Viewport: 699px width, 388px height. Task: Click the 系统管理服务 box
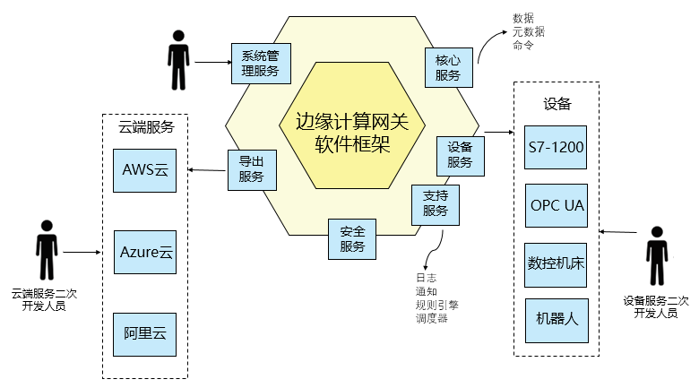tap(261, 64)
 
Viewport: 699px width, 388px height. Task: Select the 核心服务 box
tap(449, 67)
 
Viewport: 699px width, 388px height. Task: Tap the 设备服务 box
tap(460, 155)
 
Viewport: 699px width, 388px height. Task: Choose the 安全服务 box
tap(352, 238)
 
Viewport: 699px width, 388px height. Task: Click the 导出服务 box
tap(251, 169)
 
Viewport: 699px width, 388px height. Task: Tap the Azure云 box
tap(145, 253)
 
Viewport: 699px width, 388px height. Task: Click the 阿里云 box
tap(145, 334)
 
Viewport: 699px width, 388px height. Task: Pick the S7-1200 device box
tap(557, 150)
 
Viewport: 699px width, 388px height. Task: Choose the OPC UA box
tap(557, 205)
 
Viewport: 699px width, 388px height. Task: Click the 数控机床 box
tap(557, 263)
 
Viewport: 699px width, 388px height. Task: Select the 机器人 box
tap(557, 319)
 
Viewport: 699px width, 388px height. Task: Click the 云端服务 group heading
tap(146, 127)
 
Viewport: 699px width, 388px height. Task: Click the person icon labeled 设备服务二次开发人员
tap(657, 257)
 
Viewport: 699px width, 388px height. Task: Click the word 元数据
tap(529, 32)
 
